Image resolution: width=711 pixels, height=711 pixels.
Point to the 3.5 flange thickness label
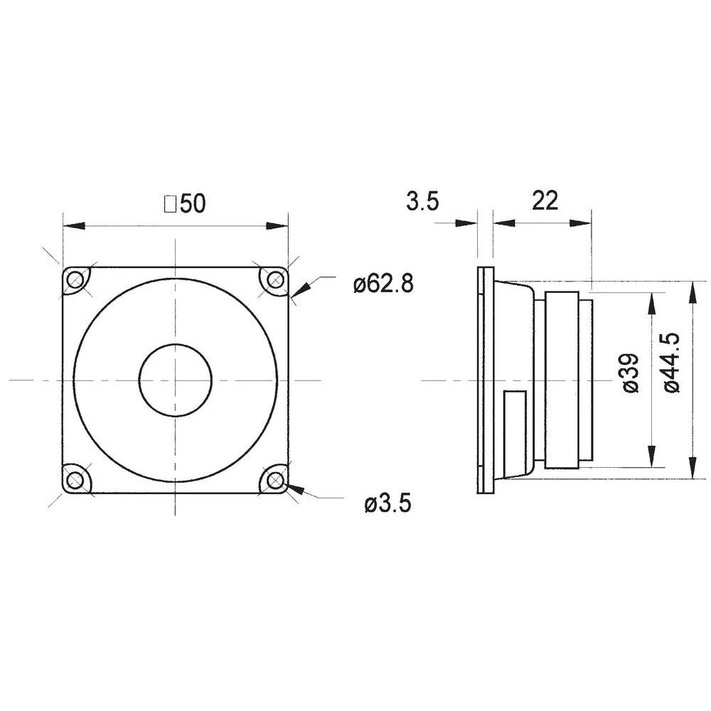[422, 201]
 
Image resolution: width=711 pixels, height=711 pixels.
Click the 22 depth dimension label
[545, 201]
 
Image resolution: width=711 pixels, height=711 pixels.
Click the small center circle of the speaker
[175, 380]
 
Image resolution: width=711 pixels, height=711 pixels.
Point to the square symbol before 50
[170, 205]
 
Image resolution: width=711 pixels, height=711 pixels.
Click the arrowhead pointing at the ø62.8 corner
[300, 289]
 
